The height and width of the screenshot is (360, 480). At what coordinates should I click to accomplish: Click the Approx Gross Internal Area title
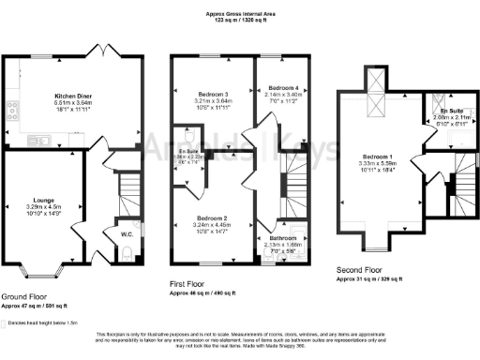[x=240, y=14]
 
